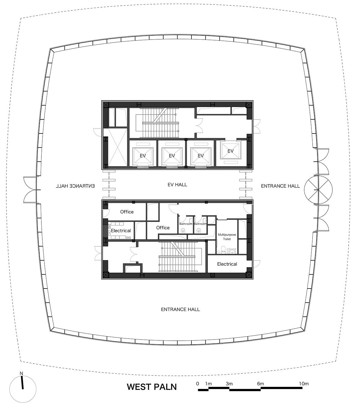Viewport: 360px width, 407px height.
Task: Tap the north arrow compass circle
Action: [23, 389]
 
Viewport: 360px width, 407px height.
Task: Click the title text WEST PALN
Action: [152, 387]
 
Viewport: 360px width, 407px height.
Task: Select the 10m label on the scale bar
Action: [304, 384]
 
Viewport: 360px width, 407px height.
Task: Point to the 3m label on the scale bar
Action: [229, 384]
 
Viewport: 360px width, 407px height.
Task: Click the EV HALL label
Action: [177, 185]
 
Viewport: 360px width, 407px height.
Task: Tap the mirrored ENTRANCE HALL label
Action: [75, 186]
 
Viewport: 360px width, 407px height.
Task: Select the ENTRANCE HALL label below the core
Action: [180, 309]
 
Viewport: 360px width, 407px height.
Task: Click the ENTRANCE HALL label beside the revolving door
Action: [280, 186]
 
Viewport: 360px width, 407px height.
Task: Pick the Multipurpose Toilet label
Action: [227, 237]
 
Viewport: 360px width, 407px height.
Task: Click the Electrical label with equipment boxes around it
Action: [121, 231]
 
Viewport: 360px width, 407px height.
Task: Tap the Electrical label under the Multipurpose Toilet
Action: [227, 264]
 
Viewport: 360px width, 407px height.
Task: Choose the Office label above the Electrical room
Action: [127, 212]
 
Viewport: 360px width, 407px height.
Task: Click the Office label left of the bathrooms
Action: [163, 228]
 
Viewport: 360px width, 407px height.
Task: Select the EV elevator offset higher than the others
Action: [231, 151]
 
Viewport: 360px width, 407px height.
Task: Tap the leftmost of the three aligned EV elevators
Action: [143, 156]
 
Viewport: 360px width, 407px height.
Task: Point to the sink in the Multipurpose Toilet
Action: [232, 251]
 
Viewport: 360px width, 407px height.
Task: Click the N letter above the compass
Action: [21, 373]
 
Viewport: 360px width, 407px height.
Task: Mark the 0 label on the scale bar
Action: [198, 384]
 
